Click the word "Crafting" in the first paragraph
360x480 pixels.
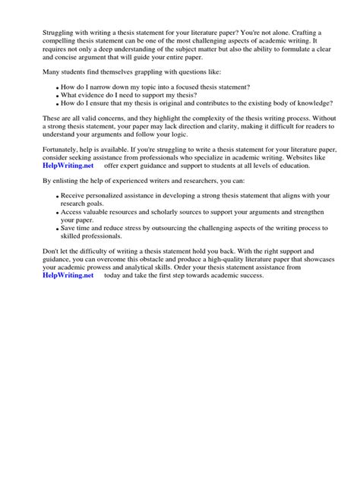click(302, 34)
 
